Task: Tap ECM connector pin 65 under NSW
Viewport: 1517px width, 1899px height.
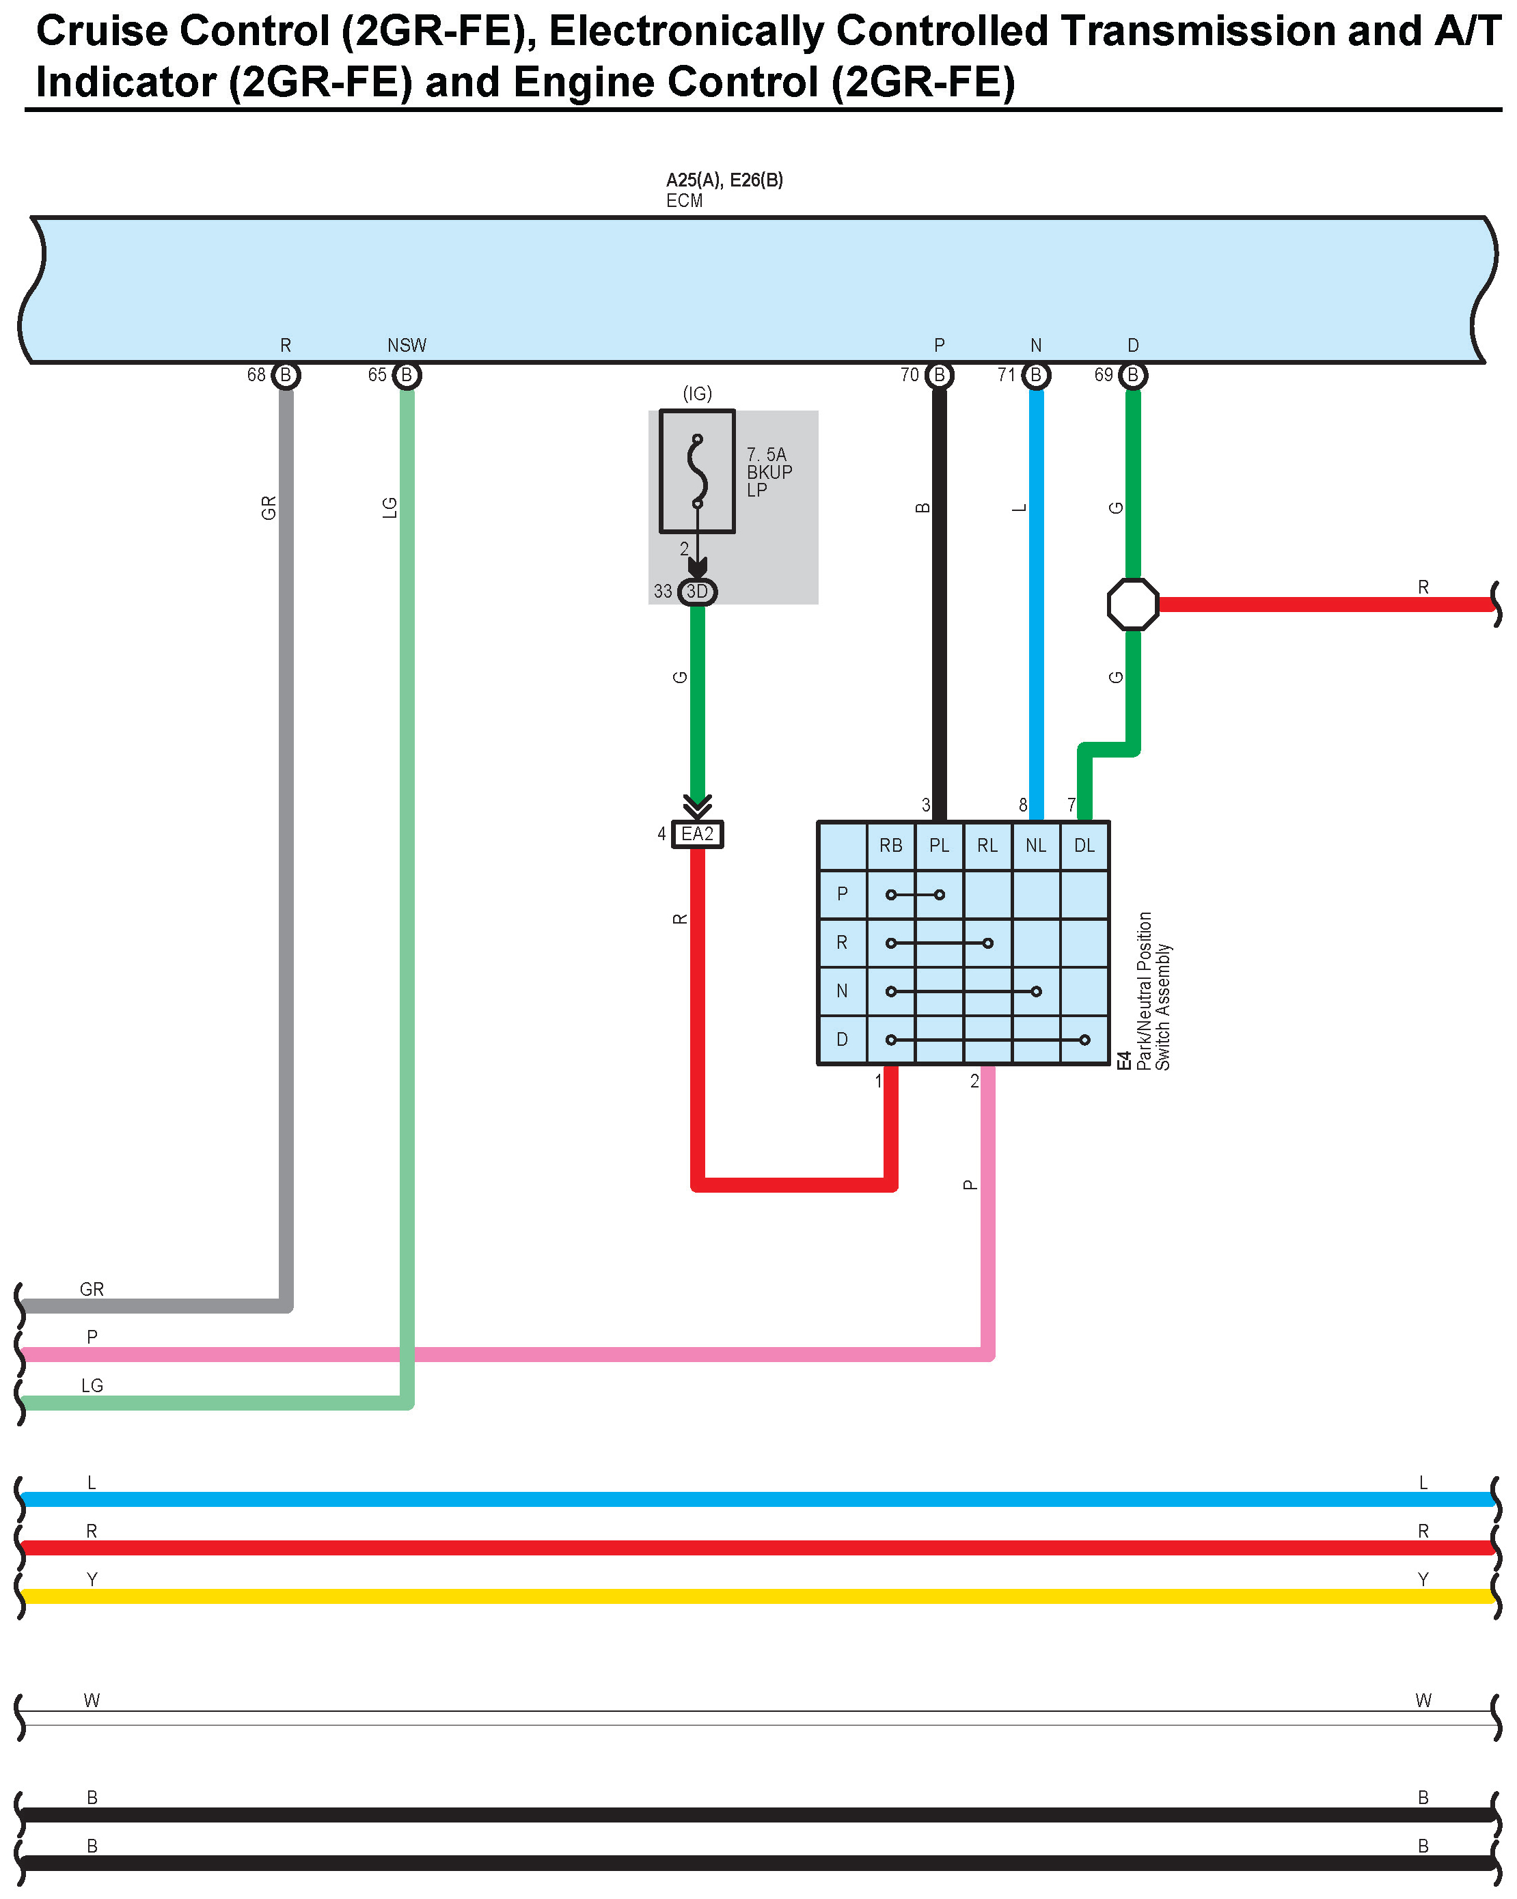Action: pyautogui.click(x=406, y=375)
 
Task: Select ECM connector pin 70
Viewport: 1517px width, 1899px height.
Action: pyautogui.click(x=939, y=375)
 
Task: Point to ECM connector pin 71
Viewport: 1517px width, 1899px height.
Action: pyautogui.click(x=1036, y=375)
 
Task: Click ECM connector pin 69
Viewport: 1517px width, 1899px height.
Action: pyautogui.click(x=1133, y=375)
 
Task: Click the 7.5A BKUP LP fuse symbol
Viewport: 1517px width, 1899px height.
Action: pyautogui.click(x=697, y=471)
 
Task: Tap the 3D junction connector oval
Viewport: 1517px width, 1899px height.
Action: pyautogui.click(x=697, y=591)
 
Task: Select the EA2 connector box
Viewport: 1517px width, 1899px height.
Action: pyautogui.click(x=697, y=833)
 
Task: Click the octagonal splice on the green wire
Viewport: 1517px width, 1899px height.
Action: pyautogui.click(x=1133, y=605)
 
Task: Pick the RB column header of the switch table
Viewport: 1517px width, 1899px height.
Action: pyautogui.click(x=890, y=846)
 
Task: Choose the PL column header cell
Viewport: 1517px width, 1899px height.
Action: pyautogui.click(x=939, y=846)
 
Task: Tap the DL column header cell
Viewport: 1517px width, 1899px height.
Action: pyautogui.click(x=1084, y=846)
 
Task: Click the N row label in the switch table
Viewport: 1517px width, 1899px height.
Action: pyautogui.click(x=842, y=991)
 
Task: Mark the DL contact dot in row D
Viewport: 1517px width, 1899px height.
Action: pyautogui.click(x=1084, y=1040)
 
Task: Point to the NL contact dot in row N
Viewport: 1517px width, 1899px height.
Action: pyautogui.click(x=1036, y=991)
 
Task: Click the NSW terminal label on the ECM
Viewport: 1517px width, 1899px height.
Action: pyautogui.click(x=406, y=345)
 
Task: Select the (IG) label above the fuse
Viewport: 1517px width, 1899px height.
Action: pyautogui.click(x=697, y=393)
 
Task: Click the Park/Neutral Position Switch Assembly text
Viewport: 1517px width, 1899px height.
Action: pyautogui.click(x=1153, y=991)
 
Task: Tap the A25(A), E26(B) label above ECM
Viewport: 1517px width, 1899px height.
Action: pyautogui.click(x=724, y=180)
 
